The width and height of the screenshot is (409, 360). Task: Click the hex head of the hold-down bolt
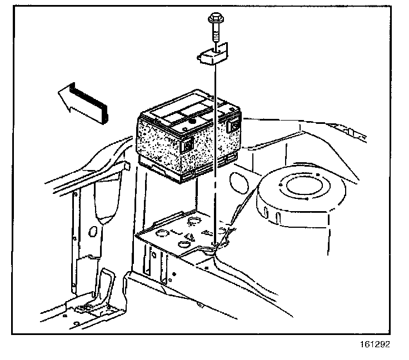pos(215,21)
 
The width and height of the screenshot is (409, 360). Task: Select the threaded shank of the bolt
pos(215,34)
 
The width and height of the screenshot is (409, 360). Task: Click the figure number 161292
pos(375,344)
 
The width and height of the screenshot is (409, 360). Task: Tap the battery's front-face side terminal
pos(187,146)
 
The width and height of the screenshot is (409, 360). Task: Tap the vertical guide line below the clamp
pos(215,167)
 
